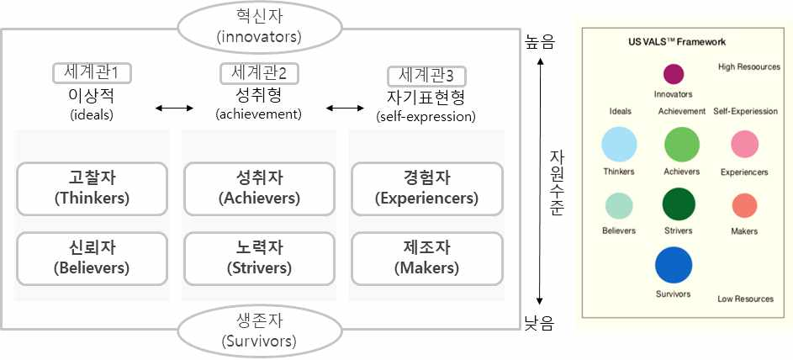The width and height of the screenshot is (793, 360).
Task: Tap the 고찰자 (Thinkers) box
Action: pos(93,188)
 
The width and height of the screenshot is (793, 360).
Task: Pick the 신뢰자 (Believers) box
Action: pos(93,257)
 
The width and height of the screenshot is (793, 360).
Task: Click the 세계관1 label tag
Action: pos(91,73)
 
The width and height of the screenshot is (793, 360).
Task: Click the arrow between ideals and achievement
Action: pos(175,108)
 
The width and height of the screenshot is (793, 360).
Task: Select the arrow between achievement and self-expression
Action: pos(342,108)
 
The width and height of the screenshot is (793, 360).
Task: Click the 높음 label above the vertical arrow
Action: pos(539,40)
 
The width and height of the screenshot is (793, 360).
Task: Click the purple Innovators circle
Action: pos(673,74)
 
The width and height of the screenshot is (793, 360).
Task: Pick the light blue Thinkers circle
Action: pos(619,144)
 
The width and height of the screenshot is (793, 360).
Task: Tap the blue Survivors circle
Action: pos(673,265)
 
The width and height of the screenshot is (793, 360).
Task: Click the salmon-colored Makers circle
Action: pos(744,206)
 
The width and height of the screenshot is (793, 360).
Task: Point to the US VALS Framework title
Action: pos(676,41)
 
